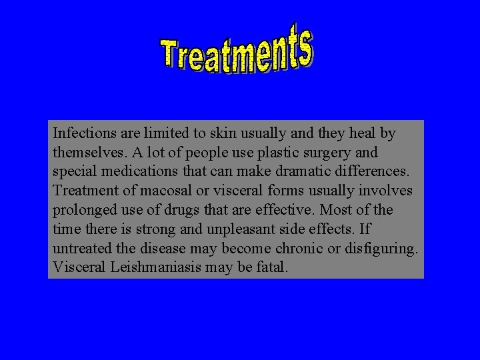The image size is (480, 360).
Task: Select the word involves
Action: click(384, 191)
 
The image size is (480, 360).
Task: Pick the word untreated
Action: click(82, 249)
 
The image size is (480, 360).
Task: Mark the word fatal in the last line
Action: click(270, 267)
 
